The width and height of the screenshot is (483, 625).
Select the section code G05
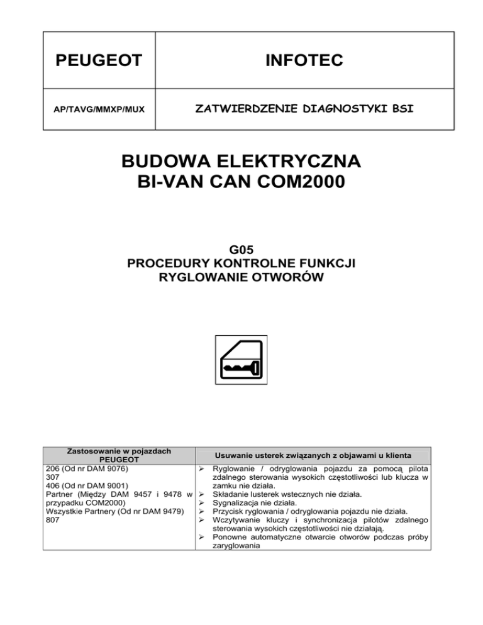[x=241, y=252]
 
